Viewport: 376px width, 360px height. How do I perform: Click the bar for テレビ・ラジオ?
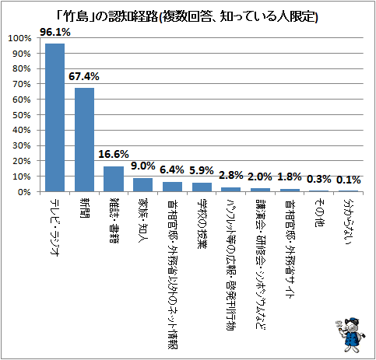pos(54,117)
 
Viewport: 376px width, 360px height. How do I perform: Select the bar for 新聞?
pos(84,140)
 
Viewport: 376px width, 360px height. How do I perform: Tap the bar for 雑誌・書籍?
pos(114,179)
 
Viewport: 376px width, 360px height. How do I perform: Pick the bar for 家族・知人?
pos(143,185)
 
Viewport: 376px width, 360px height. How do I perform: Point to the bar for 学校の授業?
pos(202,187)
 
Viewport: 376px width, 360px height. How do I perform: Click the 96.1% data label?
pos(55,32)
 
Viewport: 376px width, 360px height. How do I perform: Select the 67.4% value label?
pos(84,76)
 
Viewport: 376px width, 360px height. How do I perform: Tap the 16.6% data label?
pos(114,154)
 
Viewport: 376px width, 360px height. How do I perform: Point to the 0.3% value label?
pos(319,179)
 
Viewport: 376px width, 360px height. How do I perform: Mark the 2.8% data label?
pos(231,175)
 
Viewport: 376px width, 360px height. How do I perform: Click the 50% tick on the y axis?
pos(22,115)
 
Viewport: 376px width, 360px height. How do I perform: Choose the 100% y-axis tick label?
pos(19,38)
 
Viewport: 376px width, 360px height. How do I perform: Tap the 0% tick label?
pos(24,192)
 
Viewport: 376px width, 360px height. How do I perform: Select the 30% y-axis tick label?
pos(22,145)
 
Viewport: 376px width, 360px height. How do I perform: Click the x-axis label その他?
pos(319,213)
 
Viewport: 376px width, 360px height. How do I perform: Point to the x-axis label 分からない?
pos(349,222)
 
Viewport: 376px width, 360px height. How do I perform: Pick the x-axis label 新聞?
pos(84,208)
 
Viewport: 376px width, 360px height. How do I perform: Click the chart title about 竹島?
pos(188,17)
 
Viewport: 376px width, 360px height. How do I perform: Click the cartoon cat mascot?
pos(351,335)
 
